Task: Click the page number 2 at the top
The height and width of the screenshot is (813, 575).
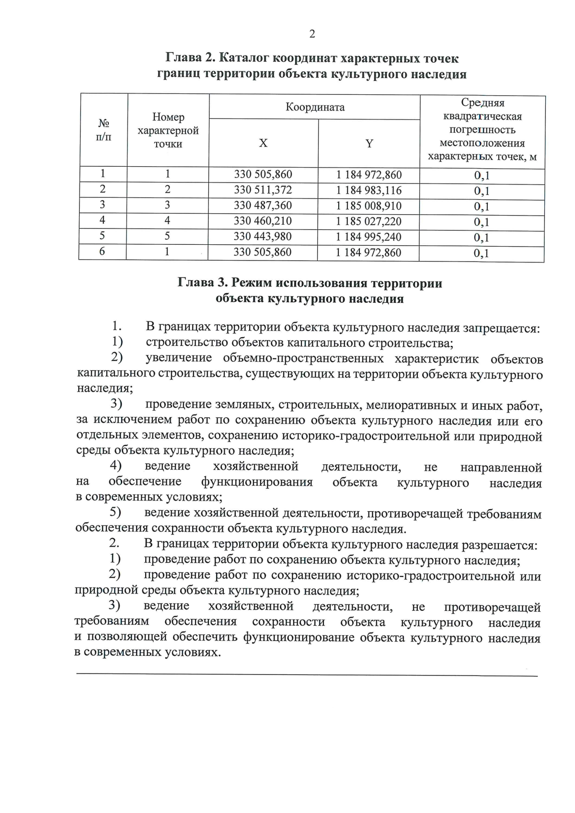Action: point(312,34)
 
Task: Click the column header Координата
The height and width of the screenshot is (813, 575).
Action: point(315,107)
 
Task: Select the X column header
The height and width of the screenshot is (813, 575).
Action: point(263,143)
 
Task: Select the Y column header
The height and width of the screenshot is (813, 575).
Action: point(369,143)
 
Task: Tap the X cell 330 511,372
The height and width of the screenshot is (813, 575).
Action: point(263,190)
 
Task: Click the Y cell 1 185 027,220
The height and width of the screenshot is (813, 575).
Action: point(368,221)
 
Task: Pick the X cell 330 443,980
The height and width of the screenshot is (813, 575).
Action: point(263,237)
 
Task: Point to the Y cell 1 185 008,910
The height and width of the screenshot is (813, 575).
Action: point(368,206)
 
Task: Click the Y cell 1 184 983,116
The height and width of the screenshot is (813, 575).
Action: point(368,190)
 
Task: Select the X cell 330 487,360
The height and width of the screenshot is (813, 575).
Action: point(263,206)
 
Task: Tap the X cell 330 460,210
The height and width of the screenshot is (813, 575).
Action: point(263,221)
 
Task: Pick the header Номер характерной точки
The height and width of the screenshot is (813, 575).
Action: point(168,130)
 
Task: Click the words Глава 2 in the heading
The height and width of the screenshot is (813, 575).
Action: point(190,58)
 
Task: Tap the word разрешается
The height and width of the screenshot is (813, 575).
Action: point(499,546)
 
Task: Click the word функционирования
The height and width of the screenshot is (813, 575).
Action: point(257,482)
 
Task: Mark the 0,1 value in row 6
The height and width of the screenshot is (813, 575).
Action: point(482,253)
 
